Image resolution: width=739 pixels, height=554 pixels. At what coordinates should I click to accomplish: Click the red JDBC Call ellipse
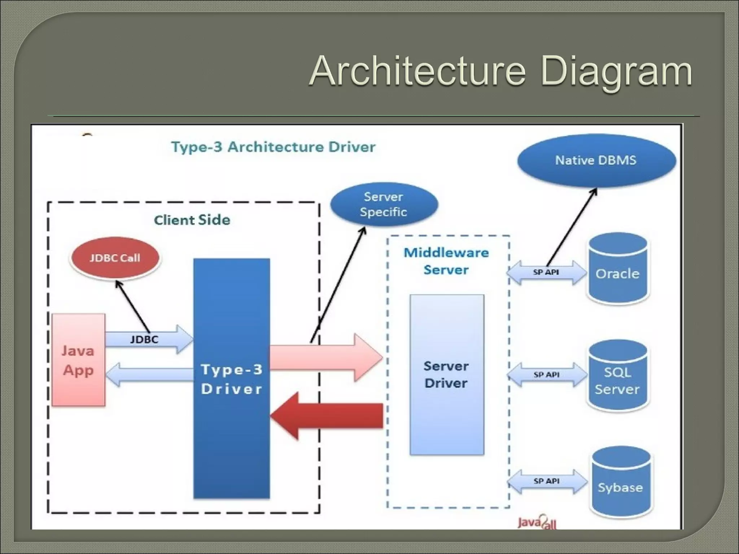(115, 258)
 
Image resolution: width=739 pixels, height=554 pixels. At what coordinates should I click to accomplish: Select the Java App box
(78, 360)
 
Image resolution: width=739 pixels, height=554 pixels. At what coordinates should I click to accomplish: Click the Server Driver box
(447, 375)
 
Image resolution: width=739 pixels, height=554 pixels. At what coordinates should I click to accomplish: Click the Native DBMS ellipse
(596, 161)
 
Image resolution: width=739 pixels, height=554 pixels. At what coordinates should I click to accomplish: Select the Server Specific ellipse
(384, 205)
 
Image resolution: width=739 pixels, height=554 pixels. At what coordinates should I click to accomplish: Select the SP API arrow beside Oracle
(546, 273)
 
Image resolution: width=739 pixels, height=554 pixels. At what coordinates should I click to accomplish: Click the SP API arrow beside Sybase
(546, 481)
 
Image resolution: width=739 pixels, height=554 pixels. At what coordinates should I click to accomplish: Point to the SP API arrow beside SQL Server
(546, 375)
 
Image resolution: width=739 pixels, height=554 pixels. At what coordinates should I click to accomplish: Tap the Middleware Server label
(446, 261)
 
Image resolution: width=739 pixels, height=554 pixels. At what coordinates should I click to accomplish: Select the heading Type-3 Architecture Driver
(273, 147)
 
